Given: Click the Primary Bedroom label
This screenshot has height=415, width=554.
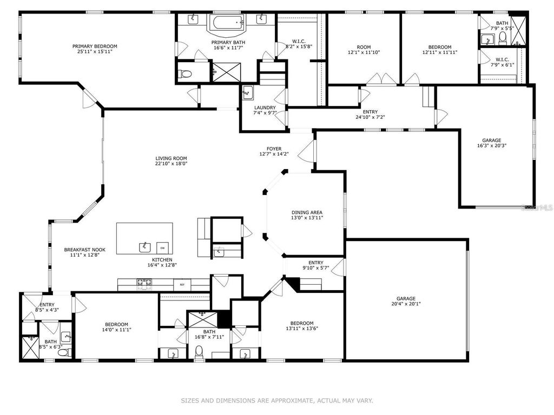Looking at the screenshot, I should click(x=95, y=46).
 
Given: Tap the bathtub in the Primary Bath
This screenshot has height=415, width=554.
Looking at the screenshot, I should click(x=227, y=23).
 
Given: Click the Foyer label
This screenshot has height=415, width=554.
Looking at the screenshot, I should click(x=274, y=149).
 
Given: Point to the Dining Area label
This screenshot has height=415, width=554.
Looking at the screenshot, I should click(x=307, y=212).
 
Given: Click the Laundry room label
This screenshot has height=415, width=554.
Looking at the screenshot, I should click(x=265, y=108).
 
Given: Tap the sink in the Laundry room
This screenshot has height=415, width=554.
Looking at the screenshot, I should click(x=248, y=91).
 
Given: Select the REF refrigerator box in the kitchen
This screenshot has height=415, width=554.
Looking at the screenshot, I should click(x=182, y=284).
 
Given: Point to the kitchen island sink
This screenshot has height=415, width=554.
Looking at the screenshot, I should click(x=144, y=247).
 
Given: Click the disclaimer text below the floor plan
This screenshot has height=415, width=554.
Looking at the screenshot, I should click(x=276, y=400).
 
